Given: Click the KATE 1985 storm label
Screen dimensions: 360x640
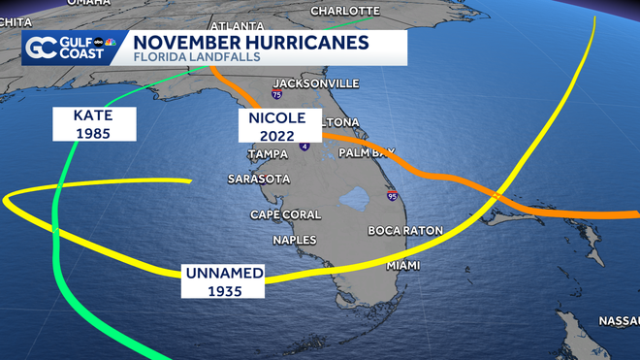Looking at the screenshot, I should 93,122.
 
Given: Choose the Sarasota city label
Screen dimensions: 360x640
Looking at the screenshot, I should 259,180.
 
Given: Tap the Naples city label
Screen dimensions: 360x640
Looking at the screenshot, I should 295,238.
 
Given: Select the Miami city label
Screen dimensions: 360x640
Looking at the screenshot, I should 402,265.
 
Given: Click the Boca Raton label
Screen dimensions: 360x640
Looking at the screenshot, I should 405,231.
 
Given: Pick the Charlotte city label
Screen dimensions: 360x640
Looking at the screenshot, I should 342,11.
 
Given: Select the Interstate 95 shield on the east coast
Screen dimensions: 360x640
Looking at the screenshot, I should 392,197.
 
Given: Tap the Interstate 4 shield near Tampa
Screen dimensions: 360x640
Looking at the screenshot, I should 304,147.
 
